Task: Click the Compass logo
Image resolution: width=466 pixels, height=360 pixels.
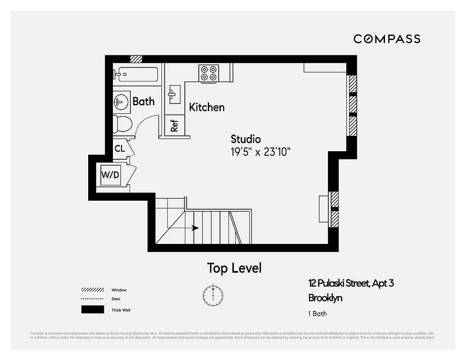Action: (x=387, y=39)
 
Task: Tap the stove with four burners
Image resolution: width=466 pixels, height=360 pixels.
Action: (x=209, y=73)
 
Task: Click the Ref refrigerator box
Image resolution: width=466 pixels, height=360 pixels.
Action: (x=174, y=125)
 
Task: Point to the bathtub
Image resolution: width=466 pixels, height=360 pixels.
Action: (x=136, y=74)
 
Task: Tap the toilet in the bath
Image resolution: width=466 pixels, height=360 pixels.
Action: (x=122, y=123)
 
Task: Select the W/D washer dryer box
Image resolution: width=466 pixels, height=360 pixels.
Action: (x=110, y=175)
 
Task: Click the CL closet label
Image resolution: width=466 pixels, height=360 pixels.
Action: (x=120, y=148)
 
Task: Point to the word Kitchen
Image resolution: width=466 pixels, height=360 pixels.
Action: (x=206, y=107)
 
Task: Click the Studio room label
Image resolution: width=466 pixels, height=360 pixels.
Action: (x=246, y=139)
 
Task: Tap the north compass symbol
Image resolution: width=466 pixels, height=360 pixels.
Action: (x=213, y=294)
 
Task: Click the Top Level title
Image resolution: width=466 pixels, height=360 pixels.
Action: (x=234, y=268)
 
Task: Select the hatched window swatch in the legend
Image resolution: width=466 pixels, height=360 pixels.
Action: (x=93, y=290)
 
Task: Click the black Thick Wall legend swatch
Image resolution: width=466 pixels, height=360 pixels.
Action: (x=93, y=310)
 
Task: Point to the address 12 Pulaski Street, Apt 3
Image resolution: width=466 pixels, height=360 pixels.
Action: (x=351, y=283)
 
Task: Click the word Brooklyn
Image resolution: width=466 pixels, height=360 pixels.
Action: (x=325, y=297)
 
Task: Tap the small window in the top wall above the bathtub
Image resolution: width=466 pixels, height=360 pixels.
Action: (x=136, y=59)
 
